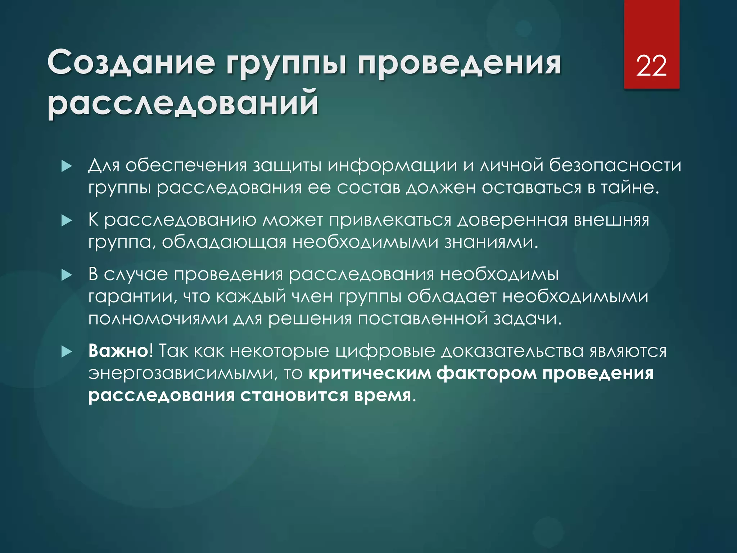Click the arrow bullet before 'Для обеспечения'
point(67,166)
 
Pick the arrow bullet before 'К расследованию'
point(67,221)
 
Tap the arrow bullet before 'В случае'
point(67,275)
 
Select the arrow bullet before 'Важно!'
point(67,352)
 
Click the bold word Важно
point(118,351)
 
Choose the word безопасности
point(615,166)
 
